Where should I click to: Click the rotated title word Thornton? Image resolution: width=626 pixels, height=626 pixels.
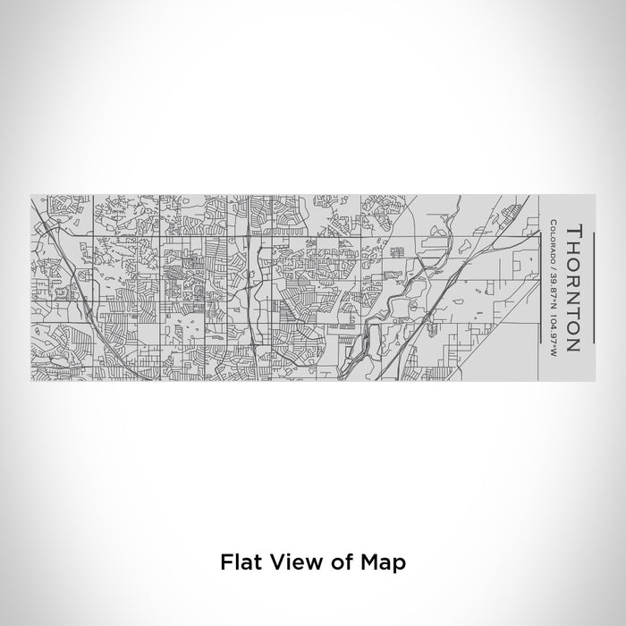pyautogui.click(x=573, y=288)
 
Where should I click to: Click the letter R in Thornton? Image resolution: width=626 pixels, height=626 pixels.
pyautogui.click(x=573, y=278)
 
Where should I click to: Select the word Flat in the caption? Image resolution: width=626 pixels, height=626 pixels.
pyautogui.click(x=241, y=562)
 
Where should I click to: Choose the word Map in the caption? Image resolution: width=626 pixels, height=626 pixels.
pyautogui.click(x=385, y=562)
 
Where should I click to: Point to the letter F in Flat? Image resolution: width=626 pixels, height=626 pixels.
pyautogui.click(x=225, y=562)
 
